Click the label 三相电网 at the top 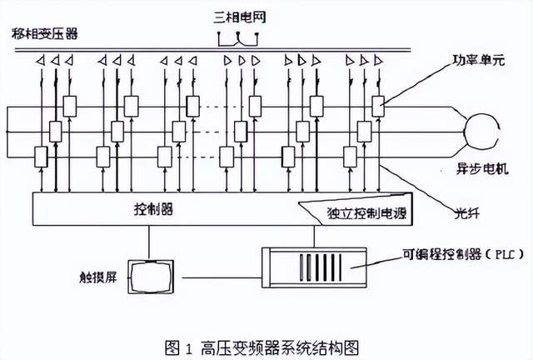(238, 16)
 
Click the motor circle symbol (481, 130)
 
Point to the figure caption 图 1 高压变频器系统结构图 (266, 344)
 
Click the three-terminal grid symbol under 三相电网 (238, 38)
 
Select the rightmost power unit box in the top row (378, 106)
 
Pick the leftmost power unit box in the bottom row (38, 156)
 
